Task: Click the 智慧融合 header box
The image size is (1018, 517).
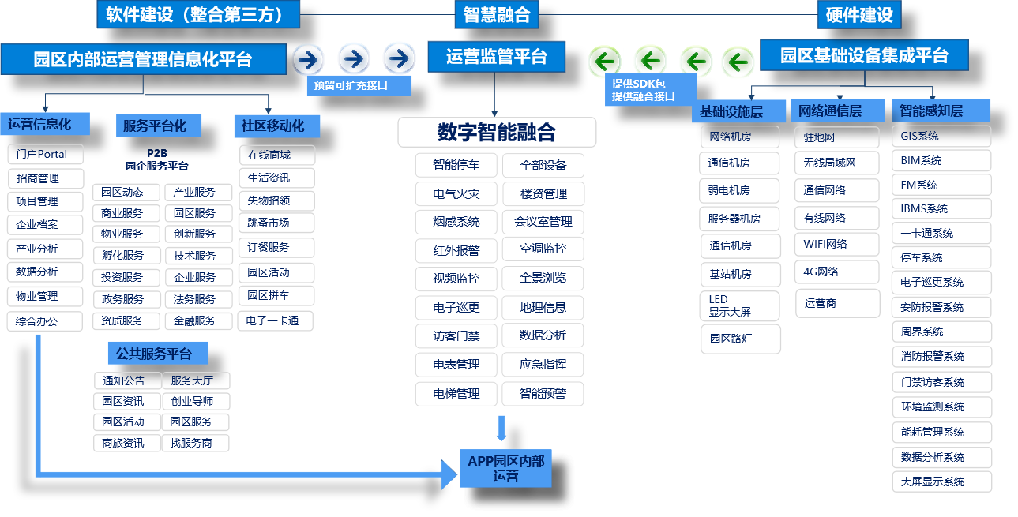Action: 497,14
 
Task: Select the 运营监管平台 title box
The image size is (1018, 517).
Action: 497,57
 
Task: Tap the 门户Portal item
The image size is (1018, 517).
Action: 45,154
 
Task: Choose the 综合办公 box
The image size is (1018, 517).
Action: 45,320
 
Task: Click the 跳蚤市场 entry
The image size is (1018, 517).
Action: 276,223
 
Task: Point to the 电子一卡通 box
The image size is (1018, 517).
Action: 275,320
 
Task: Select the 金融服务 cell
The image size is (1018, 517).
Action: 197,320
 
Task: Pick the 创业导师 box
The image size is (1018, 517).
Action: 197,401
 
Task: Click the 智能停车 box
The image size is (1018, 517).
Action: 456,165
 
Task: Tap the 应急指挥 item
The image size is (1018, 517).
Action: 543,365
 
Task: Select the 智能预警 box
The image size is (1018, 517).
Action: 543,393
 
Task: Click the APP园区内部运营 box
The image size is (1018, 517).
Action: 505,468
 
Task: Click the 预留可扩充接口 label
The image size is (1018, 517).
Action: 359,85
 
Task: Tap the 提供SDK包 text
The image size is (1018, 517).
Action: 639,83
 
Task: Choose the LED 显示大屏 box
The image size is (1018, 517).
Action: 740,305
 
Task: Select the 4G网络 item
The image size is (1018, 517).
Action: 836,272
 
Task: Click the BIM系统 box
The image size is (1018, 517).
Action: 941,160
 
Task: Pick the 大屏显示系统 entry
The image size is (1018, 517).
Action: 941,481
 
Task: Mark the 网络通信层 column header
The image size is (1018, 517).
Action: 837,111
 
